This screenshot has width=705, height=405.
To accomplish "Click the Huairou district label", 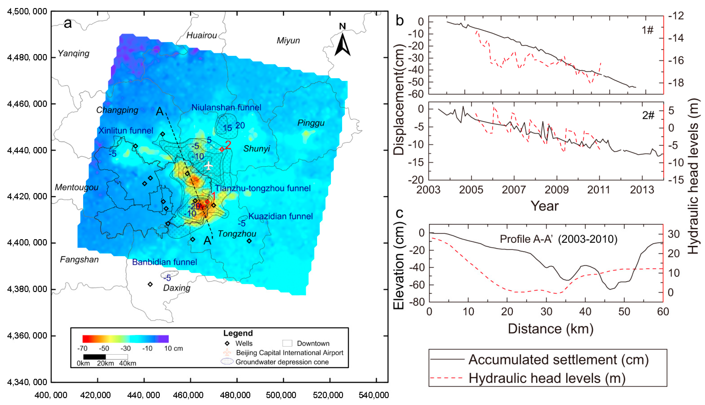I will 201,35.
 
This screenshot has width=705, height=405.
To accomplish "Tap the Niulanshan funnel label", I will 226,107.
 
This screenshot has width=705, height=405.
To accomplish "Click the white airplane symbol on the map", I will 208,166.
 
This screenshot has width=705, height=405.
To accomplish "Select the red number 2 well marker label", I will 228,145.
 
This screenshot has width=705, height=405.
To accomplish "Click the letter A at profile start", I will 160,111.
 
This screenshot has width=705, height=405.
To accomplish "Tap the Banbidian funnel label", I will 164,262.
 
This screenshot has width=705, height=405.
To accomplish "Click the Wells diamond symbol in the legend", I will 227,344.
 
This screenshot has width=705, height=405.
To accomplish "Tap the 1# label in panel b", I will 647,30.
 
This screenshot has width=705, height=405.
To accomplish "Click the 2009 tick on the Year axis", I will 556,190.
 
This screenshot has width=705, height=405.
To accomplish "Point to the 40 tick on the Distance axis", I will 585,312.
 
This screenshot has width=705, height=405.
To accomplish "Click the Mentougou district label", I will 77,187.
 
